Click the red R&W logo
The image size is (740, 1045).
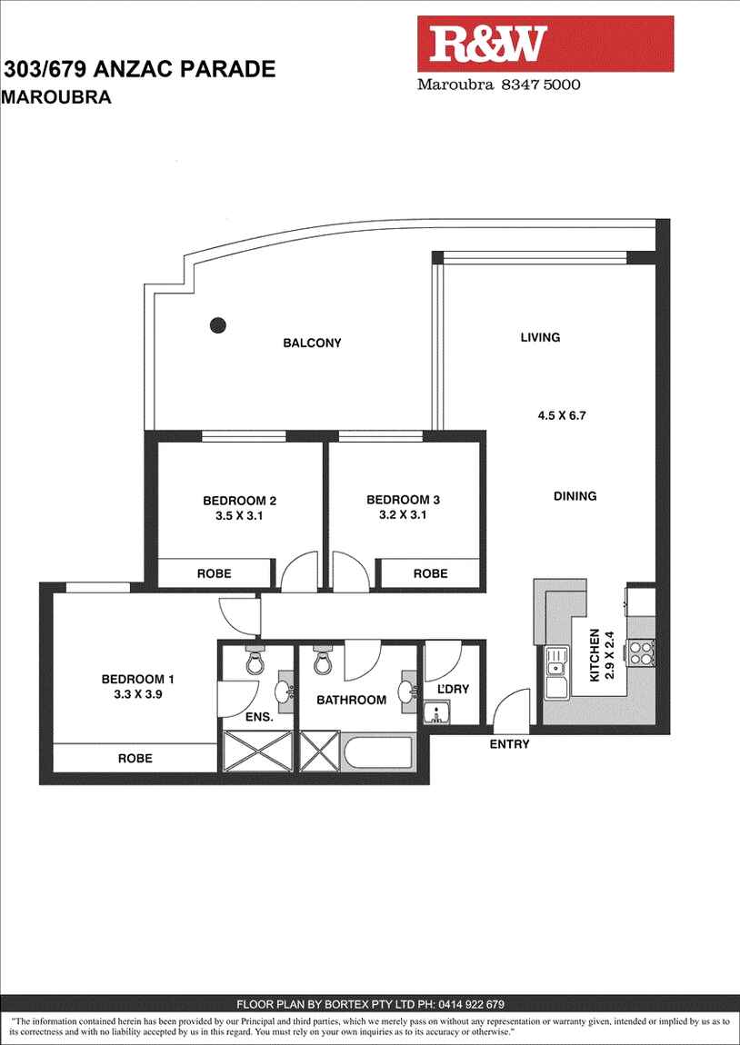click(545, 44)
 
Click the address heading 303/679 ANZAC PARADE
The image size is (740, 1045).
click(140, 69)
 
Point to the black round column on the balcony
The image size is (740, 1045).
click(217, 323)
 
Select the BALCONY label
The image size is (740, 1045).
click(312, 343)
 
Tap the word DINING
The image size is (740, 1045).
click(575, 496)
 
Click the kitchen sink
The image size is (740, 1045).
click(555, 671)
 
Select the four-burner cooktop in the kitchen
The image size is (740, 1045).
click(642, 653)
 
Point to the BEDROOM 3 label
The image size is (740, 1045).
click(403, 500)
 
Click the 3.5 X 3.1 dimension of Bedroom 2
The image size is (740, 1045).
click(239, 514)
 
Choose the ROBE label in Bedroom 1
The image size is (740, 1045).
click(135, 758)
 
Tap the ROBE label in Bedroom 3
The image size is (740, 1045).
click(430, 573)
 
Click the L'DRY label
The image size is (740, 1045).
click(453, 690)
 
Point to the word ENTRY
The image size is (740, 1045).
click(509, 744)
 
